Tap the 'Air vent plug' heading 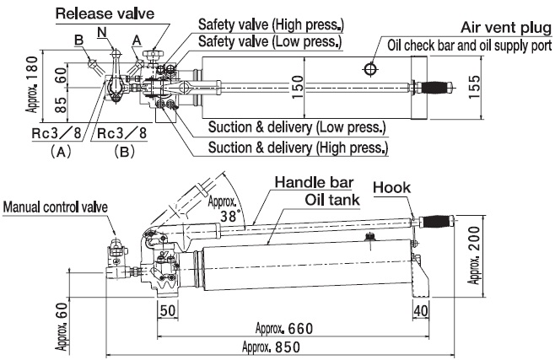(498, 26)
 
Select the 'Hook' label (390, 186)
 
